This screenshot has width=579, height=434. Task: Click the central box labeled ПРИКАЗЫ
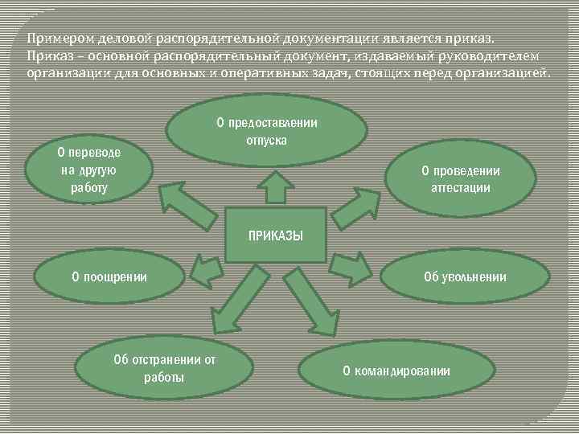[x=275, y=235]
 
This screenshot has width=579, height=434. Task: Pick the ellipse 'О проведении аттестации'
[x=460, y=179]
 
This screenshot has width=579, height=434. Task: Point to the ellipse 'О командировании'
[x=396, y=371]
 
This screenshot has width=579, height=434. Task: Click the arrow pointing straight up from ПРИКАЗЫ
[x=275, y=187]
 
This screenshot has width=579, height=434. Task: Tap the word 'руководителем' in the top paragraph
[x=495, y=55]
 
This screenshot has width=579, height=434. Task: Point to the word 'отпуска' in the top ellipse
[x=266, y=139]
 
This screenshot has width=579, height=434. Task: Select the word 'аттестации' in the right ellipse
[x=460, y=187]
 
